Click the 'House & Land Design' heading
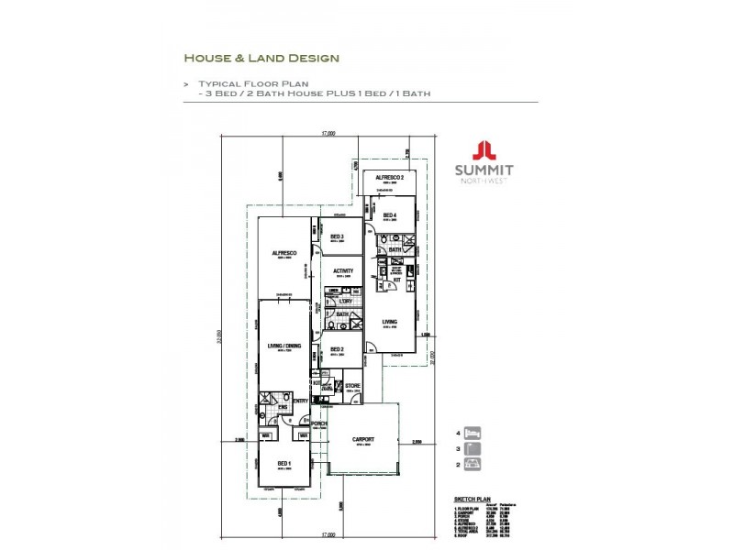(261, 58)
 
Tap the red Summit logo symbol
(484, 150)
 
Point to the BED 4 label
(390, 214)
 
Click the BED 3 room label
(337, 236)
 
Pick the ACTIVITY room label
(344, 270)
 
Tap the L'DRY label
(346, 302)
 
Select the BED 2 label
(337, 349)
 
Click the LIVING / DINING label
(284, 346)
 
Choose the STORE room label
(351, 386)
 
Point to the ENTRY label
(300, 401)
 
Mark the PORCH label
(319, 423)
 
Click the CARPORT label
(364, 439)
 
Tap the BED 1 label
(284, 464)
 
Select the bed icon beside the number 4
(474, 433)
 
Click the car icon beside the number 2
(474, 465)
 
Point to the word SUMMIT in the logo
(484, 170)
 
